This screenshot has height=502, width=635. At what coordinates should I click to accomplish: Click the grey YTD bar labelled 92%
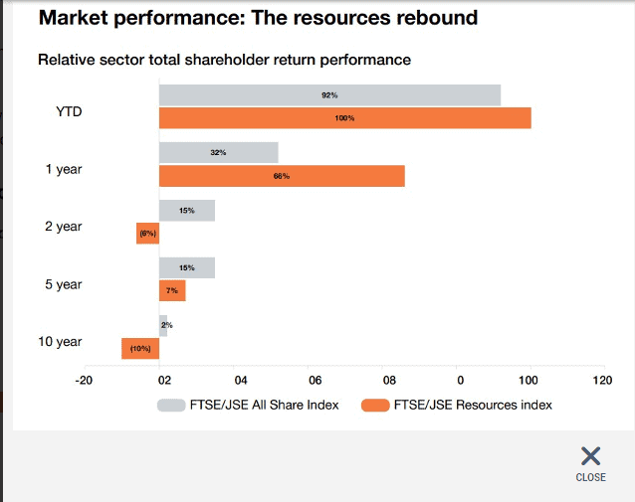pyautogui.click(x=329, y=95)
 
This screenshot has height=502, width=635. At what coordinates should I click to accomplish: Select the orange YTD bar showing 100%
pyautogui.click(x=344, y=118)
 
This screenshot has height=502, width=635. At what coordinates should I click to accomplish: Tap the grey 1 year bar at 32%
pyautogui.click(x=218, y=153)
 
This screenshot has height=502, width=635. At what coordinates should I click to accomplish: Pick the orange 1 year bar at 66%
pyautogui.click(x=282, y=176)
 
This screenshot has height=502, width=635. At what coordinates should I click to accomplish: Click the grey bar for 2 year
pyautogui.click(x=186, y=211)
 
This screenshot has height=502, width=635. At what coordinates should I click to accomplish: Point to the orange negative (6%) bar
pyautogui.click(x=148, y=234)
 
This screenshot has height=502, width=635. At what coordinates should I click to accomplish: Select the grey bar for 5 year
pyautogui.click(x=186, y=268)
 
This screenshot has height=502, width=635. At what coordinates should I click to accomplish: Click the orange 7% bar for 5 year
pyautogui.click(x=172, y=290)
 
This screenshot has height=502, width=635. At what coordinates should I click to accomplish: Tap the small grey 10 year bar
pyautogui.click(x=163, y=325)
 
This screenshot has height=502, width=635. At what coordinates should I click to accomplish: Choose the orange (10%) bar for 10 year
pyautogui.click(x=140, y=348)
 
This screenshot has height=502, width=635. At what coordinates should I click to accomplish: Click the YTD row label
pyautogui.click(x=69, y=111)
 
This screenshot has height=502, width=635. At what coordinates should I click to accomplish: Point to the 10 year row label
pyautogui.click(x=60, y=342)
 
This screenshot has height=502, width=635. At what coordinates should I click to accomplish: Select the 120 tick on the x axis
pyautogui.click(x=601, y=379)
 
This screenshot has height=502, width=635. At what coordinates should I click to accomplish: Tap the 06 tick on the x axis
pyautogui.click(x=314, y=379)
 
